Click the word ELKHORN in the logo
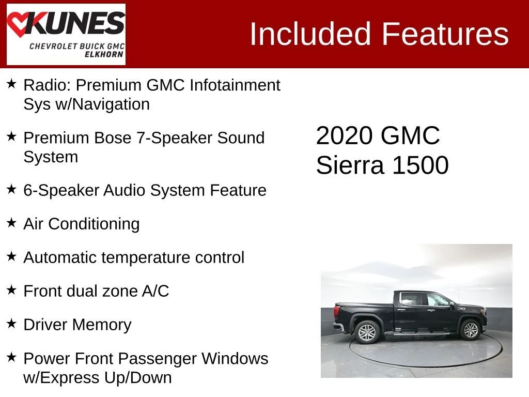[104, 54]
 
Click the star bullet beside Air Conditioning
[11, 222]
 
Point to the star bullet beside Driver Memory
[11, 324]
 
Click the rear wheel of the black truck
[367, 332]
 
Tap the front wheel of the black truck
[470, 329]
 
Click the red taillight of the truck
[336, 311]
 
